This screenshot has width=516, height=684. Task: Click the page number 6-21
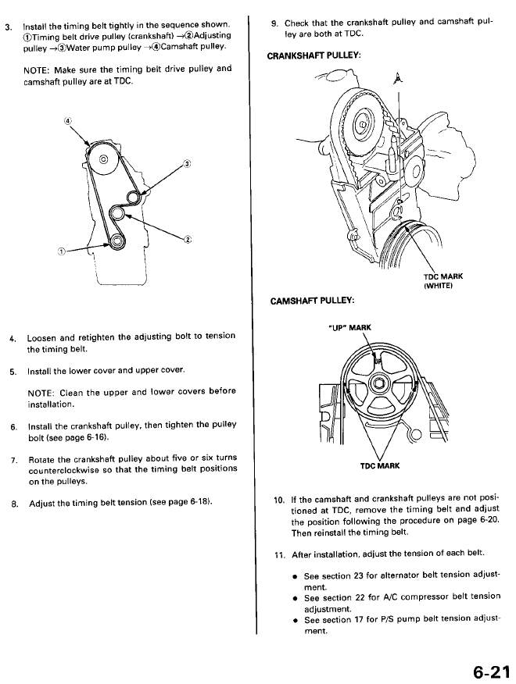489,670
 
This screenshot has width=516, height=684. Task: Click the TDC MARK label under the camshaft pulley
379,466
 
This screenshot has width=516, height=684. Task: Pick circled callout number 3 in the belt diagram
186,163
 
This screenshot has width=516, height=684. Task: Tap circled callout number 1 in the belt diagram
62,251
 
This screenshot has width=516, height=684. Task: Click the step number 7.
14,457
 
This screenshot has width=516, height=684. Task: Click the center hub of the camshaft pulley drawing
378,383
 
